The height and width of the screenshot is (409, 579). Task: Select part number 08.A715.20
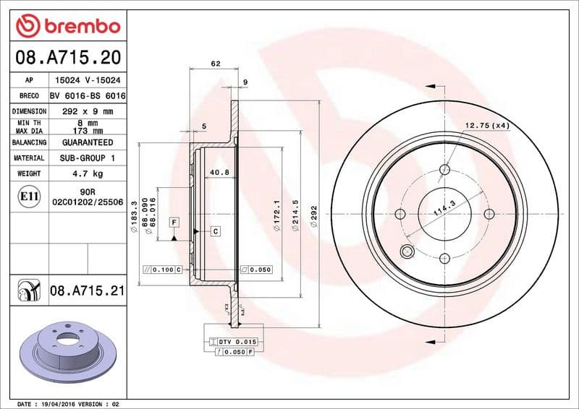point(67,56)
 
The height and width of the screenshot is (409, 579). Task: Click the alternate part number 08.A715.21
point(88,291)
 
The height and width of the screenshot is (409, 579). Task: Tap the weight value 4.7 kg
point(88,173)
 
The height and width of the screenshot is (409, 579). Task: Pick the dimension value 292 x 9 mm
point(88,111)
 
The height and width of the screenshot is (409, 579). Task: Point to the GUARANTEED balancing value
point(88,142)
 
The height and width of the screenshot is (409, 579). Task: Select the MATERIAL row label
point(30,158)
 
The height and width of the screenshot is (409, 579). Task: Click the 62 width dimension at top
point(215,64)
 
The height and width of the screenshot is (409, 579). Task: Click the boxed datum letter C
point(215,231)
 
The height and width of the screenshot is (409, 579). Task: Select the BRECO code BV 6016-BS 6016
point(88,96)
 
